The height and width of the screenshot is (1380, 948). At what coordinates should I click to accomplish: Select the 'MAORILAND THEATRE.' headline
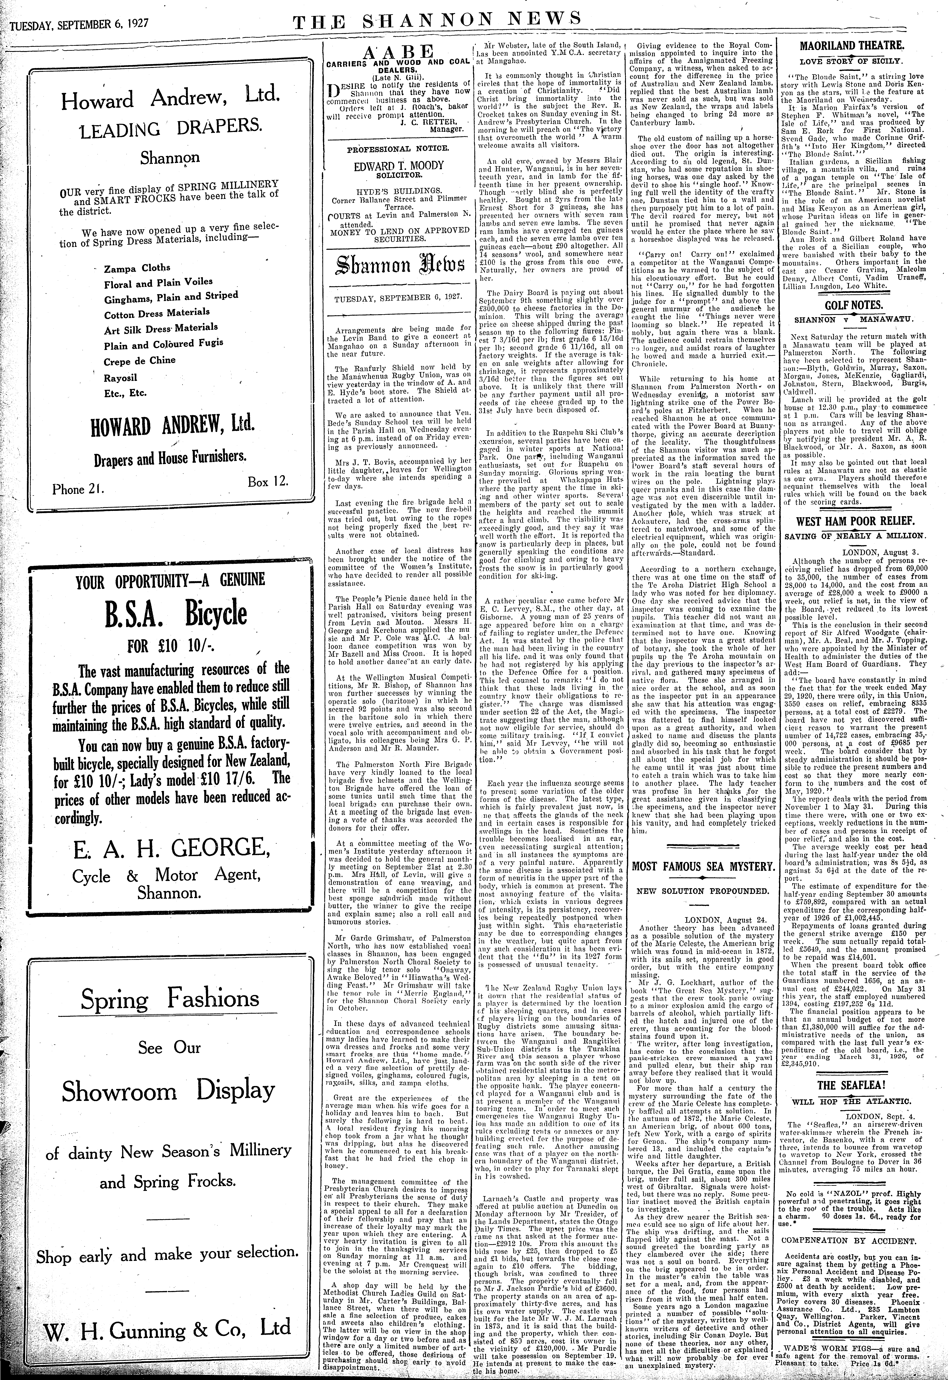[x=851, y=46]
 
